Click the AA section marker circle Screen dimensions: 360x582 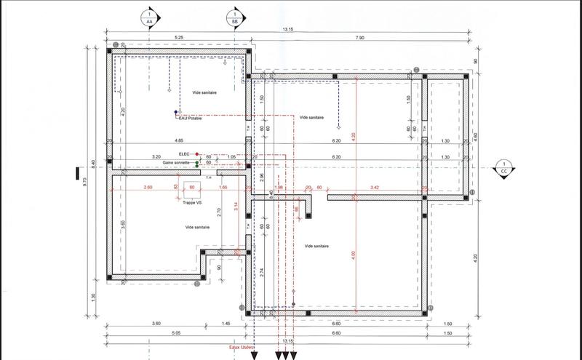pos(150,17)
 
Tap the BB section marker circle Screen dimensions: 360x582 pos(235,17)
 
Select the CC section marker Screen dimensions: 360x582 pos(503,167)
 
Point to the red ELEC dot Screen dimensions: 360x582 pos(196,154)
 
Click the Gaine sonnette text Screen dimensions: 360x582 pos(177,163)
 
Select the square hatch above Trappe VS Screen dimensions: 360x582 pos(192,188)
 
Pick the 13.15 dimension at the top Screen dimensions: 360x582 pos(289,29)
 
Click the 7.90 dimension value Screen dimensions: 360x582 pos(359,37)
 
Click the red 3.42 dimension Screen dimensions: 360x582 pos(375,188)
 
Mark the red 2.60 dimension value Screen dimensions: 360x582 pos(148,188)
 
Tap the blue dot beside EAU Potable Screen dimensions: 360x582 pos(175,112)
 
